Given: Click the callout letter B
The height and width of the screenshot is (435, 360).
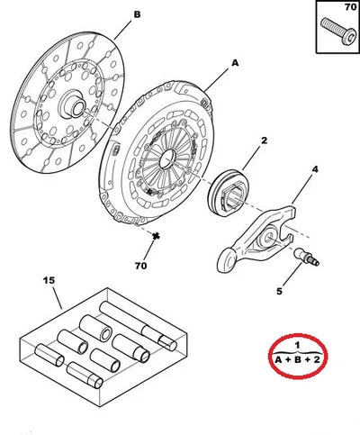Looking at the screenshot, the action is pos(137,14).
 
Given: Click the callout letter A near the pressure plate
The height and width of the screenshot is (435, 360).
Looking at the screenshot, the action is pos(235,63).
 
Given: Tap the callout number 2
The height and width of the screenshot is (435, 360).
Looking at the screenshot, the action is pos(264,140).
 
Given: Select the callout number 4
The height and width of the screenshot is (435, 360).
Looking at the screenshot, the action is pos(315,169).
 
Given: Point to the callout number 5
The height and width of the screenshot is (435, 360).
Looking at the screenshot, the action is pos(279,291).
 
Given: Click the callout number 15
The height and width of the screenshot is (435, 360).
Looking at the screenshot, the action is pos(49,280).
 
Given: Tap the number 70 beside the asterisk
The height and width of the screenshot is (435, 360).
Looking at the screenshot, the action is pos(140,266).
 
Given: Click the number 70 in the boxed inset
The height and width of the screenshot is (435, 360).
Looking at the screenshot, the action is pos(350,7).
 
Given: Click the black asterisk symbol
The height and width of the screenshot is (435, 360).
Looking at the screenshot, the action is pos(156,237).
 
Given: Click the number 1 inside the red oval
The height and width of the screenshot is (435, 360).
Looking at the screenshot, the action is pos(297,345).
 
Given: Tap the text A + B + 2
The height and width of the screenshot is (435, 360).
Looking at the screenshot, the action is pos(298,359).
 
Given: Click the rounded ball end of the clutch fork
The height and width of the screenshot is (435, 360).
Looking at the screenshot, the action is pos(227,260).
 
